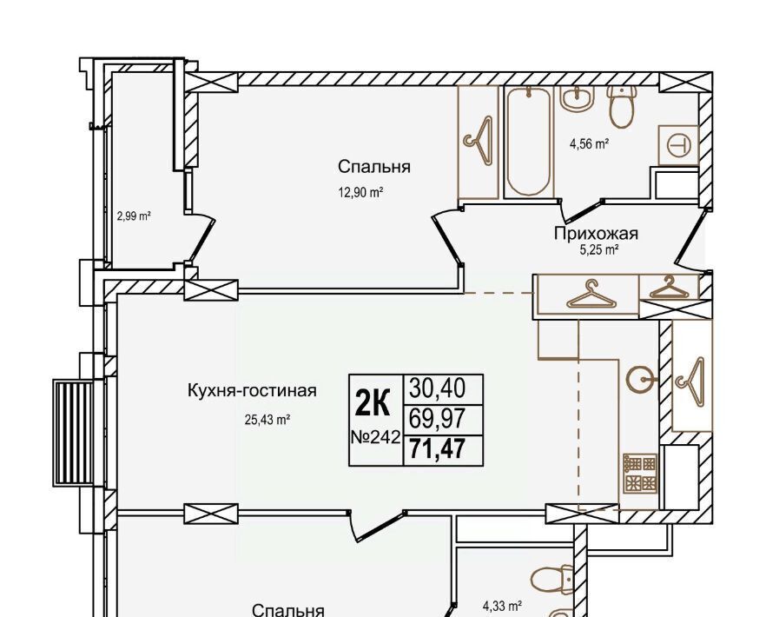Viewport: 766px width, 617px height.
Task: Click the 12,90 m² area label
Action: pyautogui.click(x=360, y=193)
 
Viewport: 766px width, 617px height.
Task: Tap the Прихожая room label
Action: pyautogui.click(x=596, y=234)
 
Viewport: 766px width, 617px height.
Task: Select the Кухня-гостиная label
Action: pyautogui.click(x=252, y=391)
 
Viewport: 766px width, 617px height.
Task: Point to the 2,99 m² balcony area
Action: pyautogui.click(x=134, y=216)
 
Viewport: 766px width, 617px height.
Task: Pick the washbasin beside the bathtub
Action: pyautogui.click(x=578, y=99)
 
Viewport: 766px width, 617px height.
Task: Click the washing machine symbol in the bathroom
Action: pyautogui.click(x=678, y=145)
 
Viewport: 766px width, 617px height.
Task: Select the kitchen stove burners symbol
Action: pyautogui.click(x=640, y=474)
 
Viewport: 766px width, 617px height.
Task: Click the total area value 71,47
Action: pyautogui.click(x=437, y=449)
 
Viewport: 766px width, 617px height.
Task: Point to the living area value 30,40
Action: pyautogui.click(x=438, y=388)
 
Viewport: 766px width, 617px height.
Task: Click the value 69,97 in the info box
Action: pyautogui.click(x=438, y=419)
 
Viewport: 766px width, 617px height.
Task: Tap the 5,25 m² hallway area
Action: pyautogui.click(x=599, y=250)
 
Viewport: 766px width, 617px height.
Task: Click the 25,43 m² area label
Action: pyautogui.click(x=268, y=420)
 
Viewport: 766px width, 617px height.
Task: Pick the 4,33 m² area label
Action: pyautogui.click(x=503, y=607)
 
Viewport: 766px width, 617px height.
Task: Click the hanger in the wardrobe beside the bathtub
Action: pyautogui.click(x=479, y=141)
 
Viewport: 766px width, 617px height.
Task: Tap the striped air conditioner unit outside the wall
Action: pyautogui.click(x=74, y=435)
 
